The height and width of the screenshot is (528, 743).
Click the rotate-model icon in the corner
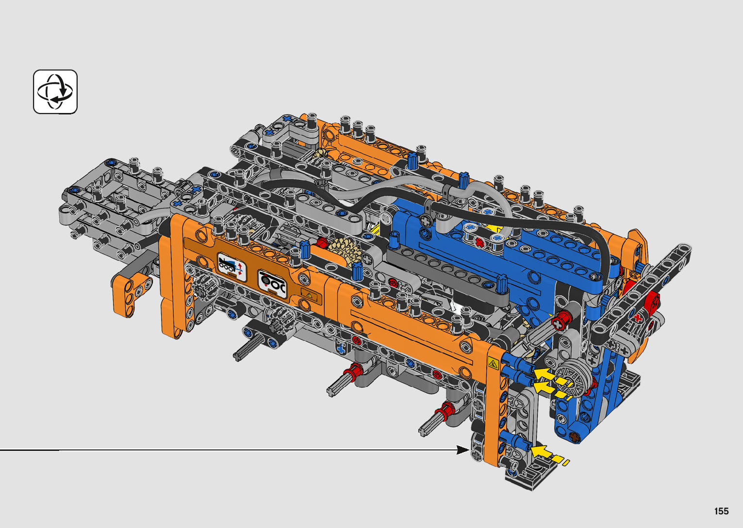[x=55, y=92]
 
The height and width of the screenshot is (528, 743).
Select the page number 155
[x=722, y=511]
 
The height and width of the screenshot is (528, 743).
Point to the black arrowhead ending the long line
[x=463, y=450]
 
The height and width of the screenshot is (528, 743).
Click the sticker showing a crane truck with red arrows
[x=231, y=267]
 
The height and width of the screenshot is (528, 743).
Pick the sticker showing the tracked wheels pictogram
[x=272, y=285]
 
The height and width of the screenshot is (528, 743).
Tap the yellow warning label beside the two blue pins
[x=493, y=364]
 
